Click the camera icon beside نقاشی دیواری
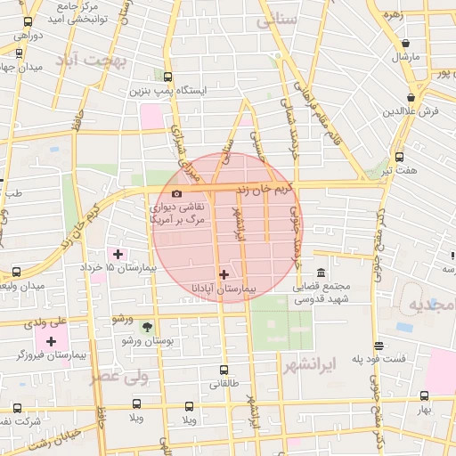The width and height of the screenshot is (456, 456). (x=176, y=193)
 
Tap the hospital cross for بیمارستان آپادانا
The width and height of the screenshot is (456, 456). (x=224, y=274)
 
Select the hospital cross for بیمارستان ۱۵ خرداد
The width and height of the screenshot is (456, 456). (x=118, y=254)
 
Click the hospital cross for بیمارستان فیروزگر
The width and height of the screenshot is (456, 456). (x=51, y=341)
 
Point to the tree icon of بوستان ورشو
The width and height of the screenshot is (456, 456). (x=148, y=328)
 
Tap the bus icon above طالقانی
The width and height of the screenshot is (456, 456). (x=224, y=370)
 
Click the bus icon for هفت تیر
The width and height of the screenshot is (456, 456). (x=399, y=157)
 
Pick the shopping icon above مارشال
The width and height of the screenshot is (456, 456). (x=406, y=43)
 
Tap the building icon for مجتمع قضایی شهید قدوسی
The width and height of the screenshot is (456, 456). (x=321, y=273)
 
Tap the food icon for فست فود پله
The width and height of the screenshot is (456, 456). (x=379, y=346)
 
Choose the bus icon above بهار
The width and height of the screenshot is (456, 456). (x=424, y=396)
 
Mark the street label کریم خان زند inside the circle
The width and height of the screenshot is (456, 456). (x=265, y=190)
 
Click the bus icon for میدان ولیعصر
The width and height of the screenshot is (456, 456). (x=18, y=272)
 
